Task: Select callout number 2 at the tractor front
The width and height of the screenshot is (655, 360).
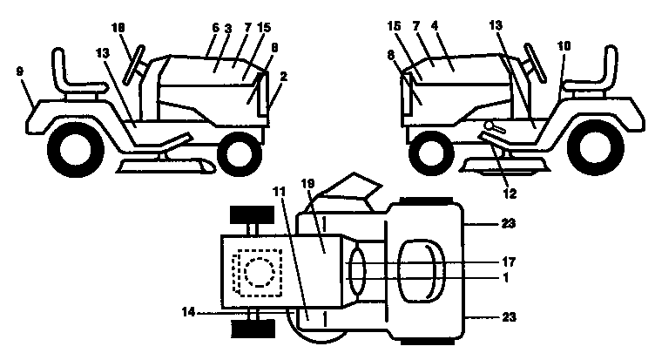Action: tap(282, 78)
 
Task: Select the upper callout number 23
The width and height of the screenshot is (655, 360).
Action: tap(508, 224)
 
